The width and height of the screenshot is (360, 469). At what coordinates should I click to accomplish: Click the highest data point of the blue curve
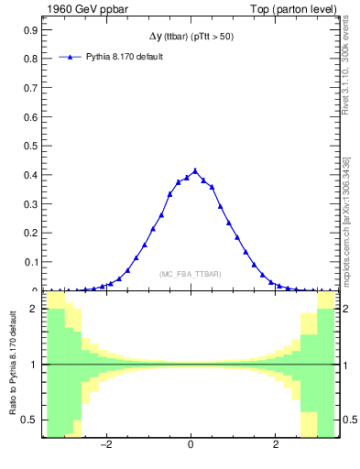point(194,170)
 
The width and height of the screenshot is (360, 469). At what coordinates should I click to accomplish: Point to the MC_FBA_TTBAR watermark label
point(190,274)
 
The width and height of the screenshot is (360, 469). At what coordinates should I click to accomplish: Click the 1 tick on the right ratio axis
point(344,365)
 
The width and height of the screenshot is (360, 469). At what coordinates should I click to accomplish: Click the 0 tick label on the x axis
point(191,446)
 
